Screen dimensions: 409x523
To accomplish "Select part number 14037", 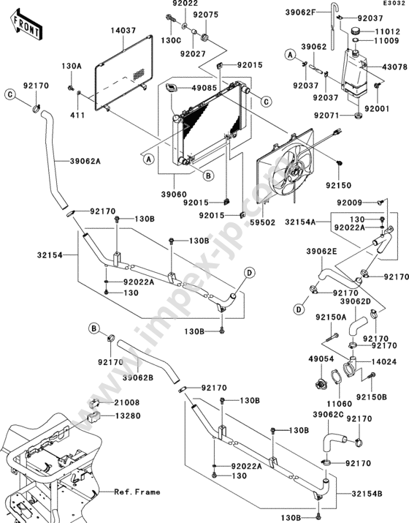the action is (x=123, y=31).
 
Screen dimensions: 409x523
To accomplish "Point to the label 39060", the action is (x=174, y=194).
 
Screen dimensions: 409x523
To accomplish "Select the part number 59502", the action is (x=263, y=222).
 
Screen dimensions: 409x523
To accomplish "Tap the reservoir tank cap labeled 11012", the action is (x=356, y=31).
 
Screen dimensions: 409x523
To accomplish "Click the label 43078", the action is (x=394, y=67).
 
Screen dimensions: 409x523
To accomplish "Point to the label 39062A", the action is (x=85, y=162).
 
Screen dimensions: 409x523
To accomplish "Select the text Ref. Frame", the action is (x=137, y=492).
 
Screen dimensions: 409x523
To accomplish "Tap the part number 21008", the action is (x=127, y=402).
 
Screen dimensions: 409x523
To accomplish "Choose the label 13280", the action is (x=128, y=416).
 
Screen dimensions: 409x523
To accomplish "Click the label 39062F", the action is (x=300, y=12).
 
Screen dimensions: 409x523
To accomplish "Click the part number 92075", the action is (x=205, y=15).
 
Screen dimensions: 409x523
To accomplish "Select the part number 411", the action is (x=77, y=116).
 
